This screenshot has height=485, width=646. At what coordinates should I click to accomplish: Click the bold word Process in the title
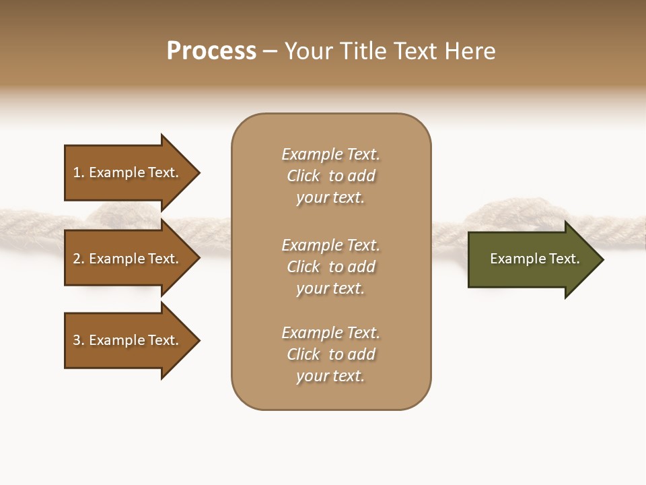pyautogui.click(x=211, y=51)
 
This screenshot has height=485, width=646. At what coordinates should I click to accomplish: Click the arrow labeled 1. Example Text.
pyautogui.click(x=128, y=172)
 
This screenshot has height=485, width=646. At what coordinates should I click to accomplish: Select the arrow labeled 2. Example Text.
pyautogui.click(x=128, y=259)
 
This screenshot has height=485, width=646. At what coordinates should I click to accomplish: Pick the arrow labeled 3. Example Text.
pyautogui.click(x=128, y=340)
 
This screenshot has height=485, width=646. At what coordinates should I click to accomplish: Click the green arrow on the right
pyautogui.click(x=532, y=259)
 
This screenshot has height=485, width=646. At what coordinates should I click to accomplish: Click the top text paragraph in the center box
pyautogui.click(x=330, y=176)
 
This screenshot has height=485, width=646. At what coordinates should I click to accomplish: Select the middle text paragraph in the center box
pyautogui.click(x=330, y=267)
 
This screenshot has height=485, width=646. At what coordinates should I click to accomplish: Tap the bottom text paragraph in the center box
pyautogui.click(x=330, y=354)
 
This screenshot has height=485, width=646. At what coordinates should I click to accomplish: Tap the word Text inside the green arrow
pyautogui.click(x=565, y=259)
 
